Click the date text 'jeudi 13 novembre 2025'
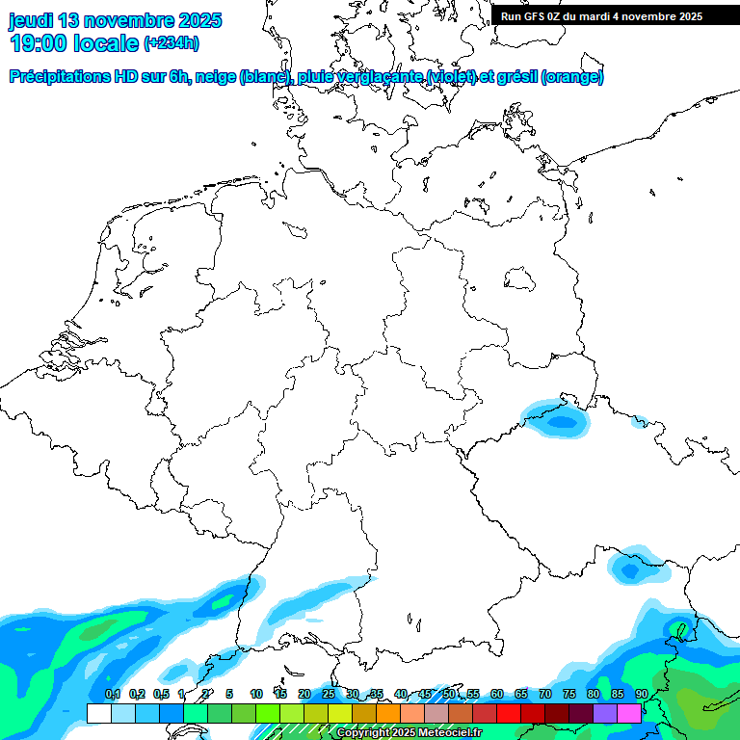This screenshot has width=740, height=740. point(115,20)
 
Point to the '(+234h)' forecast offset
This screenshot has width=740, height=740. point(172,43)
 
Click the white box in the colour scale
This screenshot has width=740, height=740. point(98,713)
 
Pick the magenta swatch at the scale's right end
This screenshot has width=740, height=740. point(629,713)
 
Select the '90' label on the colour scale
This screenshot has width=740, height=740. point(641,694)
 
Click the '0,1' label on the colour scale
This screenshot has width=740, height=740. point(113,694)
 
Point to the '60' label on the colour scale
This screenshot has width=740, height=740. point(496,694)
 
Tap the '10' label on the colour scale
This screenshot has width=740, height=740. point(256,694)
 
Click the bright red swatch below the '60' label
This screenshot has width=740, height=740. point(509,713)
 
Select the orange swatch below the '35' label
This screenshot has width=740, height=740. point(388,713)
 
